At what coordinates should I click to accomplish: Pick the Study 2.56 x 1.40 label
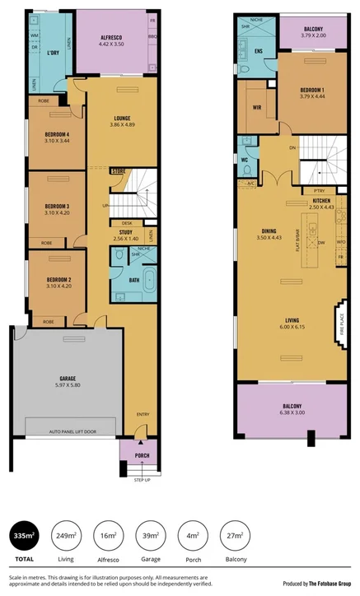pos(127,235)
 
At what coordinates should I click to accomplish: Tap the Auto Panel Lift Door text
pos(72,431)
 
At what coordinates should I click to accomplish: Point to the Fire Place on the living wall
pos(339,320)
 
